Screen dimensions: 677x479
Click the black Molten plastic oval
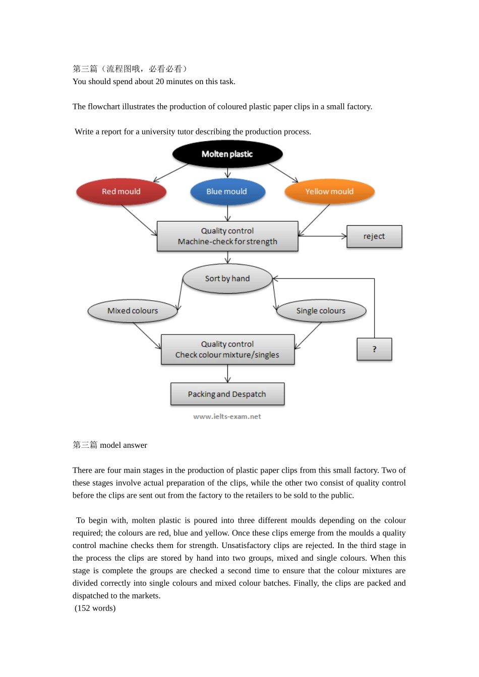click(227, 154)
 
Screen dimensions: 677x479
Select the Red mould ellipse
click(121, 192)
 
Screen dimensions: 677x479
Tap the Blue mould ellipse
click(227, 192)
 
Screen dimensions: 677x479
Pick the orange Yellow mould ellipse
click(329, 192)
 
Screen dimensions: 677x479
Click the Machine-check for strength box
click(227, 236)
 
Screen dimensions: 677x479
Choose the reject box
click(374, 236)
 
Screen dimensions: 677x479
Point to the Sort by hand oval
click(227, 279)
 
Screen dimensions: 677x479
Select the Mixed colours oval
click(133, 311)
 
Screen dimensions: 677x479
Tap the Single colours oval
click(321, 311)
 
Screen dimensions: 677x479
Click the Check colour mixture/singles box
click(227, 350)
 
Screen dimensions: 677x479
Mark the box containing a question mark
click(374, 349)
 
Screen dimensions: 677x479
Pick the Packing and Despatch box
click(227, 394)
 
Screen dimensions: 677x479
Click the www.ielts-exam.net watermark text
click(227, 417)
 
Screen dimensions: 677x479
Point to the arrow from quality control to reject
click(323, 236)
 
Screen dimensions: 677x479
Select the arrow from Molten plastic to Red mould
click(171, 173)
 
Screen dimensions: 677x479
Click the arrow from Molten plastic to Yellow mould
click(283, 173)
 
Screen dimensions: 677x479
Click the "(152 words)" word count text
click(95, 608)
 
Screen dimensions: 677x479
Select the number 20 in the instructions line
click(160, 82)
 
